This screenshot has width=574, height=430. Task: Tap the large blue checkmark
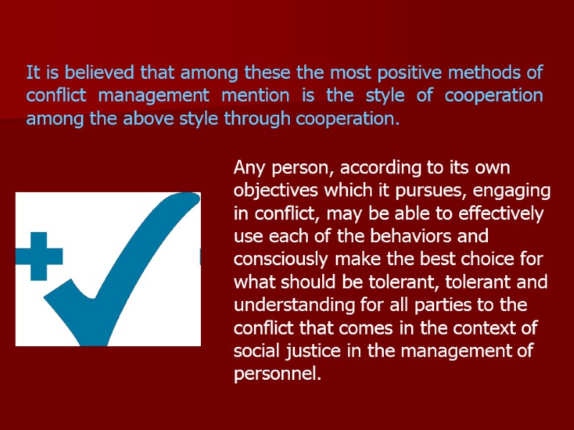(136, 258)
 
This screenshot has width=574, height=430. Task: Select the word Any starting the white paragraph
(249, 169)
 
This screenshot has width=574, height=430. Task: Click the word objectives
(275, 192)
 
